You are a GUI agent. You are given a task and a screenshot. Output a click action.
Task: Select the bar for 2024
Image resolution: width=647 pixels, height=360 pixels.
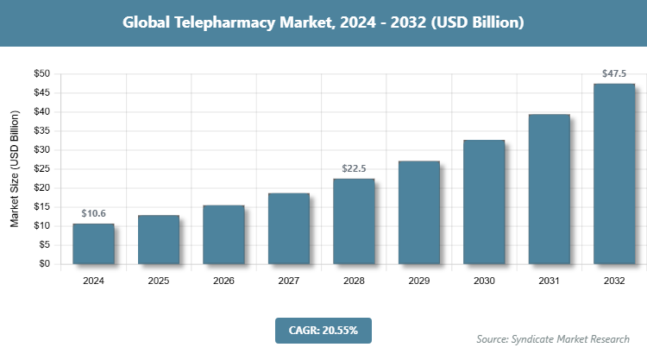click(x=93, y=243)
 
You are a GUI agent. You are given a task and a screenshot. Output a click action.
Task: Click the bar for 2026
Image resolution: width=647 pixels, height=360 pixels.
click(x=223, y=234)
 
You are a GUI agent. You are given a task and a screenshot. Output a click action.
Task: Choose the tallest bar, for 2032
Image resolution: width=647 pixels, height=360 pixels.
click(x=614, y=174)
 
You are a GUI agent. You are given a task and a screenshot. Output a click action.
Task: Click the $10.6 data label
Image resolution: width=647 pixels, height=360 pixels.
click(x=93, y=213)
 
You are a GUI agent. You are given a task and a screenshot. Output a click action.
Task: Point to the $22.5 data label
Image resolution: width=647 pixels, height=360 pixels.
click(x=354, y=168)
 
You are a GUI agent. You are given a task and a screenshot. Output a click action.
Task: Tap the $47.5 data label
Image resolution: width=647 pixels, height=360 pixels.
click(x=614, y=73)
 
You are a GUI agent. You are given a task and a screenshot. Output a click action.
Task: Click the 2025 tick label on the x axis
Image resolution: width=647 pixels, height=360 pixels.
click(x=159, y=280)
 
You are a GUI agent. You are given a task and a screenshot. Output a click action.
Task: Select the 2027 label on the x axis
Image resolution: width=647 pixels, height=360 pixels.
click(x=289, y=280)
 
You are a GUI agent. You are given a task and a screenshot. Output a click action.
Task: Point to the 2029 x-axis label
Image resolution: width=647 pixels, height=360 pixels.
click(x=419, y=280)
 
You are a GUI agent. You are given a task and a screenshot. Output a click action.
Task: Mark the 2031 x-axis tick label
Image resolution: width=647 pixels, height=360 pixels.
click(x=550, y=280)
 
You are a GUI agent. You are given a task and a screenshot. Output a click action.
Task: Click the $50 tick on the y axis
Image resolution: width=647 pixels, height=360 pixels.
click(x=41, y=73)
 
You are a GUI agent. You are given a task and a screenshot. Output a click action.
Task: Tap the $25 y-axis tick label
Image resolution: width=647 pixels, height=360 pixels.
click(x=41, y=168)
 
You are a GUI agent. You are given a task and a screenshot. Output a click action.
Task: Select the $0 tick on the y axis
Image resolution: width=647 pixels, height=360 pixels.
click(x=44, y=263)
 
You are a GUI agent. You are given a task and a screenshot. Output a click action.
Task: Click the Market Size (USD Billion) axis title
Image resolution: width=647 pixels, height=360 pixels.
click(x=15, y=169)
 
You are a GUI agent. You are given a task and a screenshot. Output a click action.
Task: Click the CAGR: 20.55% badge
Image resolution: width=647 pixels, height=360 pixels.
click(x=323, y=330)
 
